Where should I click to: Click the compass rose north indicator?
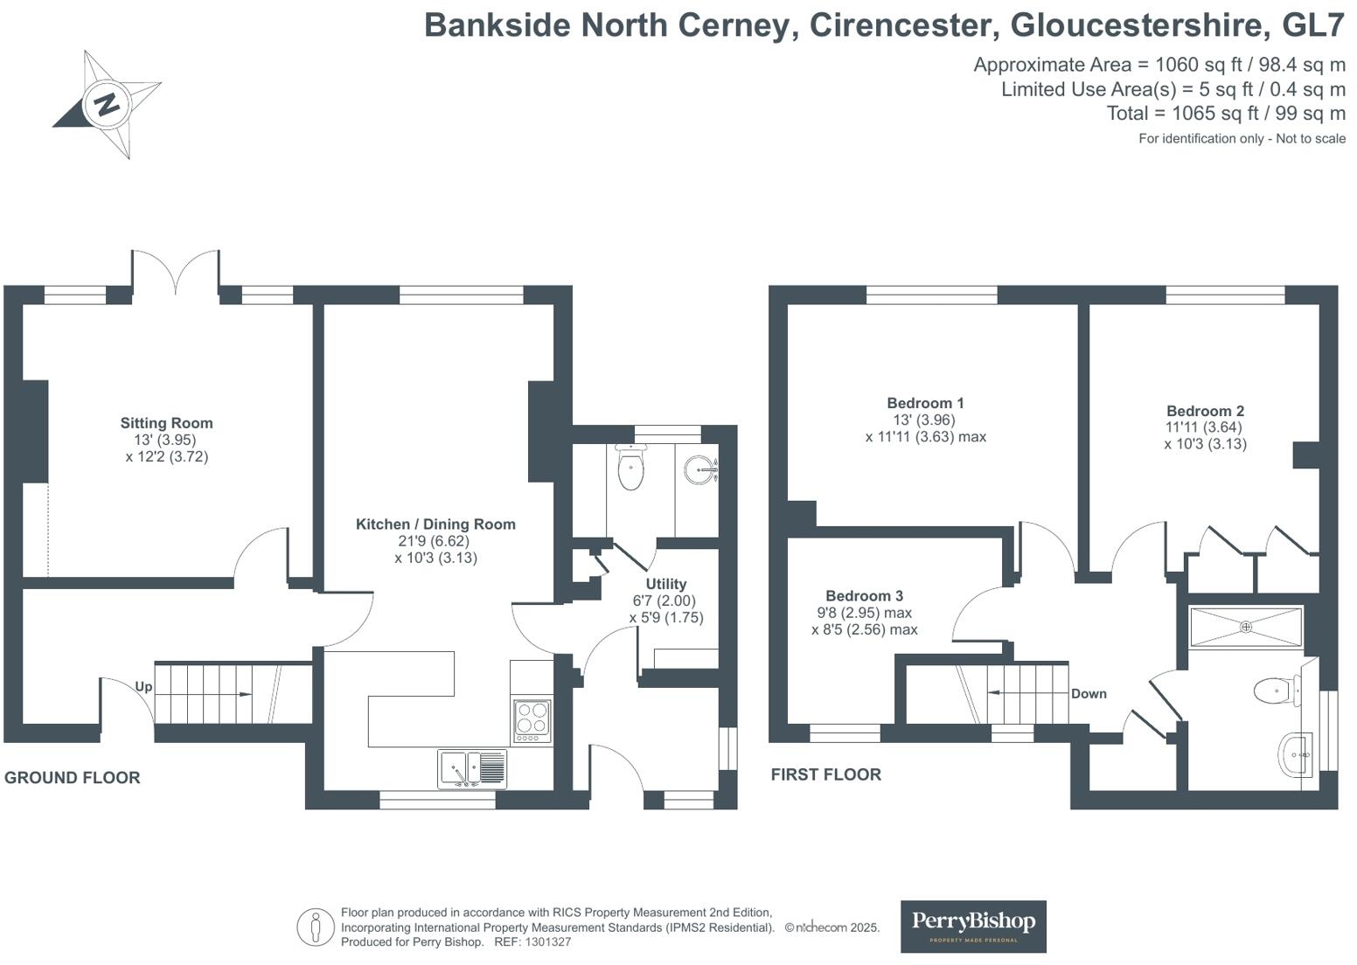click(107, 104)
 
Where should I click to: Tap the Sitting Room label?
click(166, 423)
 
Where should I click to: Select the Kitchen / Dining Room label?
click(435, 524)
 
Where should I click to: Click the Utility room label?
click(665, 584)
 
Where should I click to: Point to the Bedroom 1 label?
click(925, 403)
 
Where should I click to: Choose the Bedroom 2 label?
click(1205, 411)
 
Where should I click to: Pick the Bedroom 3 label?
click(864, 596)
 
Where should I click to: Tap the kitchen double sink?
click(472, 769)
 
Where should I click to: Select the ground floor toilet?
click(630, 468)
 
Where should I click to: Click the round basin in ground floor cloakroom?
click(699, 469)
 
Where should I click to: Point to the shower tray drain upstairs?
click(1246, 627)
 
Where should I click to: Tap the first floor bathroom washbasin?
click(1295, 753)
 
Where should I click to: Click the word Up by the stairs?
click(143, 687)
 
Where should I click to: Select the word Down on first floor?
click(1089, 694)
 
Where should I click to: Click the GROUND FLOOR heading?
click(72, 778)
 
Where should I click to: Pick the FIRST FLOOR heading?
click(825, 774)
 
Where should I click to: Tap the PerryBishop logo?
click(973, 925)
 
